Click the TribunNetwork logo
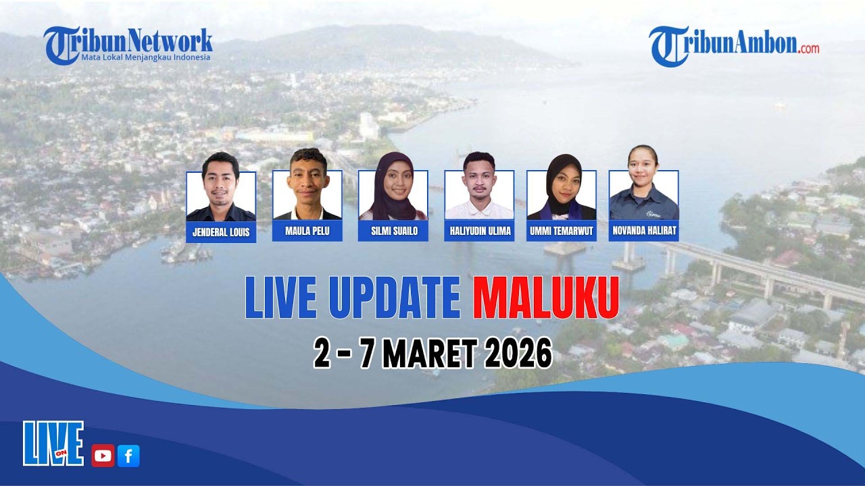click(x=128, y=42)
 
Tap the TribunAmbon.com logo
click(x=734, y=45)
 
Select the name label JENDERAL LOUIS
click(x=221, y=232)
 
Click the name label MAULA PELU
click(x=307, y=230)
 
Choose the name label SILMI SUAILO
click(x=393, y=230)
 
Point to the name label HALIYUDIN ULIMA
click(x=479, y=230)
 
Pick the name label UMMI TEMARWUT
click(x=562, y=230)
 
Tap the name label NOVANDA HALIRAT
click(x=644, y=230)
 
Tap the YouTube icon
click(x=103, y=456)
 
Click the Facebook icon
click(x=128, y=456)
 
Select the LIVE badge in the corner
click(x=53, y=443)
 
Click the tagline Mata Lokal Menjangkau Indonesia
click(x=146, y=57)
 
